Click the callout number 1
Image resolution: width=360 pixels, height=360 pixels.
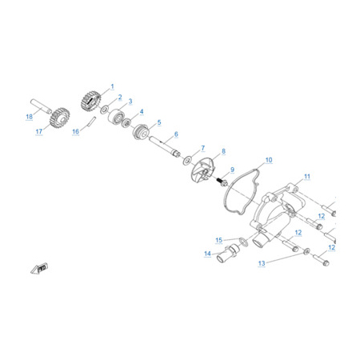[112, 86]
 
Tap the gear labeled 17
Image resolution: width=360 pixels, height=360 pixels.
[60, 118]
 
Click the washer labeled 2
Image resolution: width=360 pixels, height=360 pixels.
[104, 110]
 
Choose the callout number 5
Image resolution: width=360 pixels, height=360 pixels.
[159, 122]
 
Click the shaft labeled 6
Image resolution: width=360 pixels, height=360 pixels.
[165, 147]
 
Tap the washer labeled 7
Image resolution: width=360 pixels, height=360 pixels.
[187, 161]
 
